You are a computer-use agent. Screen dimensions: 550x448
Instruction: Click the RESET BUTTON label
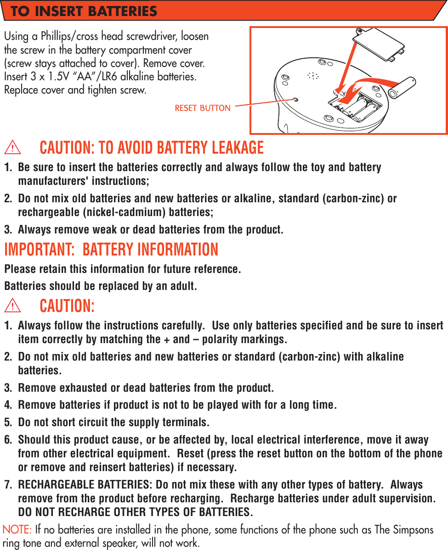(203, 108)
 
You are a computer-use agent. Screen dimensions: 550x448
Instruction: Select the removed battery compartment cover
(381, 44)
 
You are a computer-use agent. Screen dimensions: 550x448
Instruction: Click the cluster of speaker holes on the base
(313, 75)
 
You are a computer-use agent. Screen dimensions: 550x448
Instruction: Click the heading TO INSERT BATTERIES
(84, 11)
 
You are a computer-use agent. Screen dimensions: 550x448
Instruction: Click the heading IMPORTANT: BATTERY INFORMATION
(111, 250)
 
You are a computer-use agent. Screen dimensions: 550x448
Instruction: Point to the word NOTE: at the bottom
(17, 530)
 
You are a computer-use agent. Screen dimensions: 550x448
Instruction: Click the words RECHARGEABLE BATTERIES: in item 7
(85, 485)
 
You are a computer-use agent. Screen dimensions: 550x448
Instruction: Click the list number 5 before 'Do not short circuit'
(7, 422)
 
